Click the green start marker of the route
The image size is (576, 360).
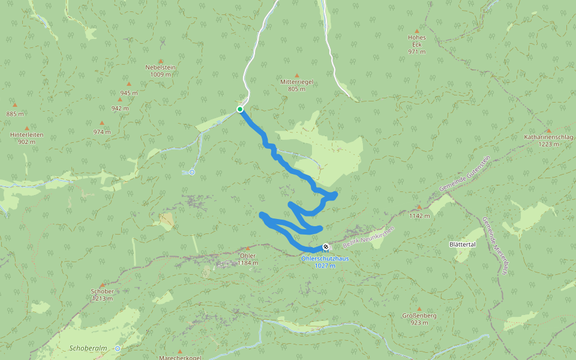240,109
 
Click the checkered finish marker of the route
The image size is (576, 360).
326,246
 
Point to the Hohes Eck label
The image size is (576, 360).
416,44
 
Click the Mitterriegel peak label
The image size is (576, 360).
296,85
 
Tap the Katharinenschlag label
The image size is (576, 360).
548,140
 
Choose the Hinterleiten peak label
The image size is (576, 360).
27,138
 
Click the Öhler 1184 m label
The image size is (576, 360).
247,259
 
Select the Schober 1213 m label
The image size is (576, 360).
102,294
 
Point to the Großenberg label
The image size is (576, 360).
419,318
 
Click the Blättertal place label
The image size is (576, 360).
462,245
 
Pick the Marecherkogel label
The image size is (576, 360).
179,357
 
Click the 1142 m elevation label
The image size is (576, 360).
419,215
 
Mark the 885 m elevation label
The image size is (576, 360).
15,114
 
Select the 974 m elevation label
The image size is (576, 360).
102,131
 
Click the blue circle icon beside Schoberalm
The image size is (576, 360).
118,348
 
